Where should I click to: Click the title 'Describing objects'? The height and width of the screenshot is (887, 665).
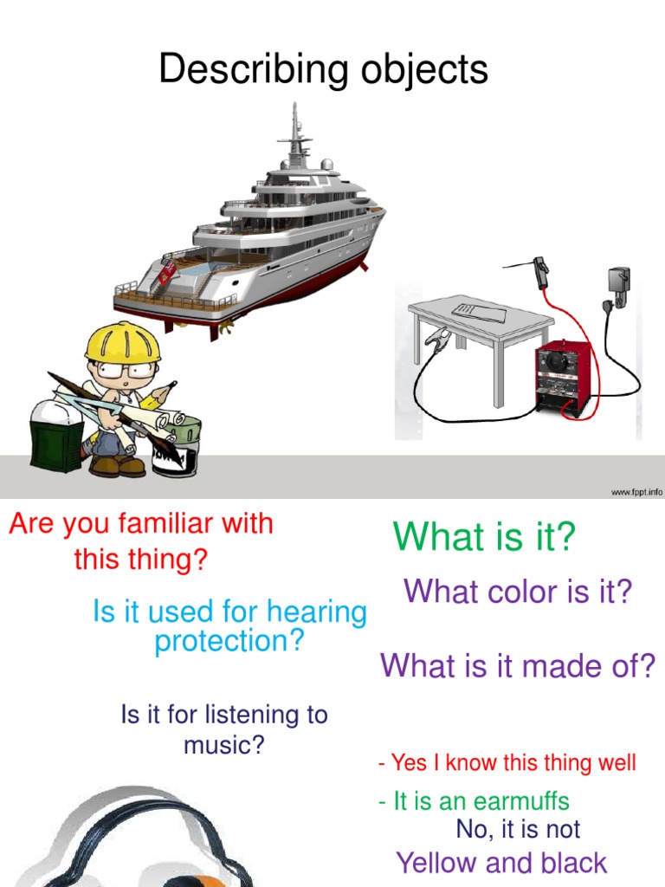(323, 69)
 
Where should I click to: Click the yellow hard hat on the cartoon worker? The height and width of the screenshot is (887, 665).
(122, 342)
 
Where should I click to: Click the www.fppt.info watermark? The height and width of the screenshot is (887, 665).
(636, 492)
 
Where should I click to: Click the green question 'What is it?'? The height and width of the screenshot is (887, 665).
(483, 537)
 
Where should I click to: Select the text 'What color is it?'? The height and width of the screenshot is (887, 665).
(518, 592)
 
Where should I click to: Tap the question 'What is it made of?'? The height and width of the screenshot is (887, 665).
(518, 666)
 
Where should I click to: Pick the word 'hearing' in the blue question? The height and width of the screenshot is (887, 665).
(317, 612)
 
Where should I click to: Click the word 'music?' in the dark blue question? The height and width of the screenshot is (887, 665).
(223, 744)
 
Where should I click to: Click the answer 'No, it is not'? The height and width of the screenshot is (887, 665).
(518, 829)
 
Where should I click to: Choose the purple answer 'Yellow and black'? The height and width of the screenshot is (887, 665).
(501, 863)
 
